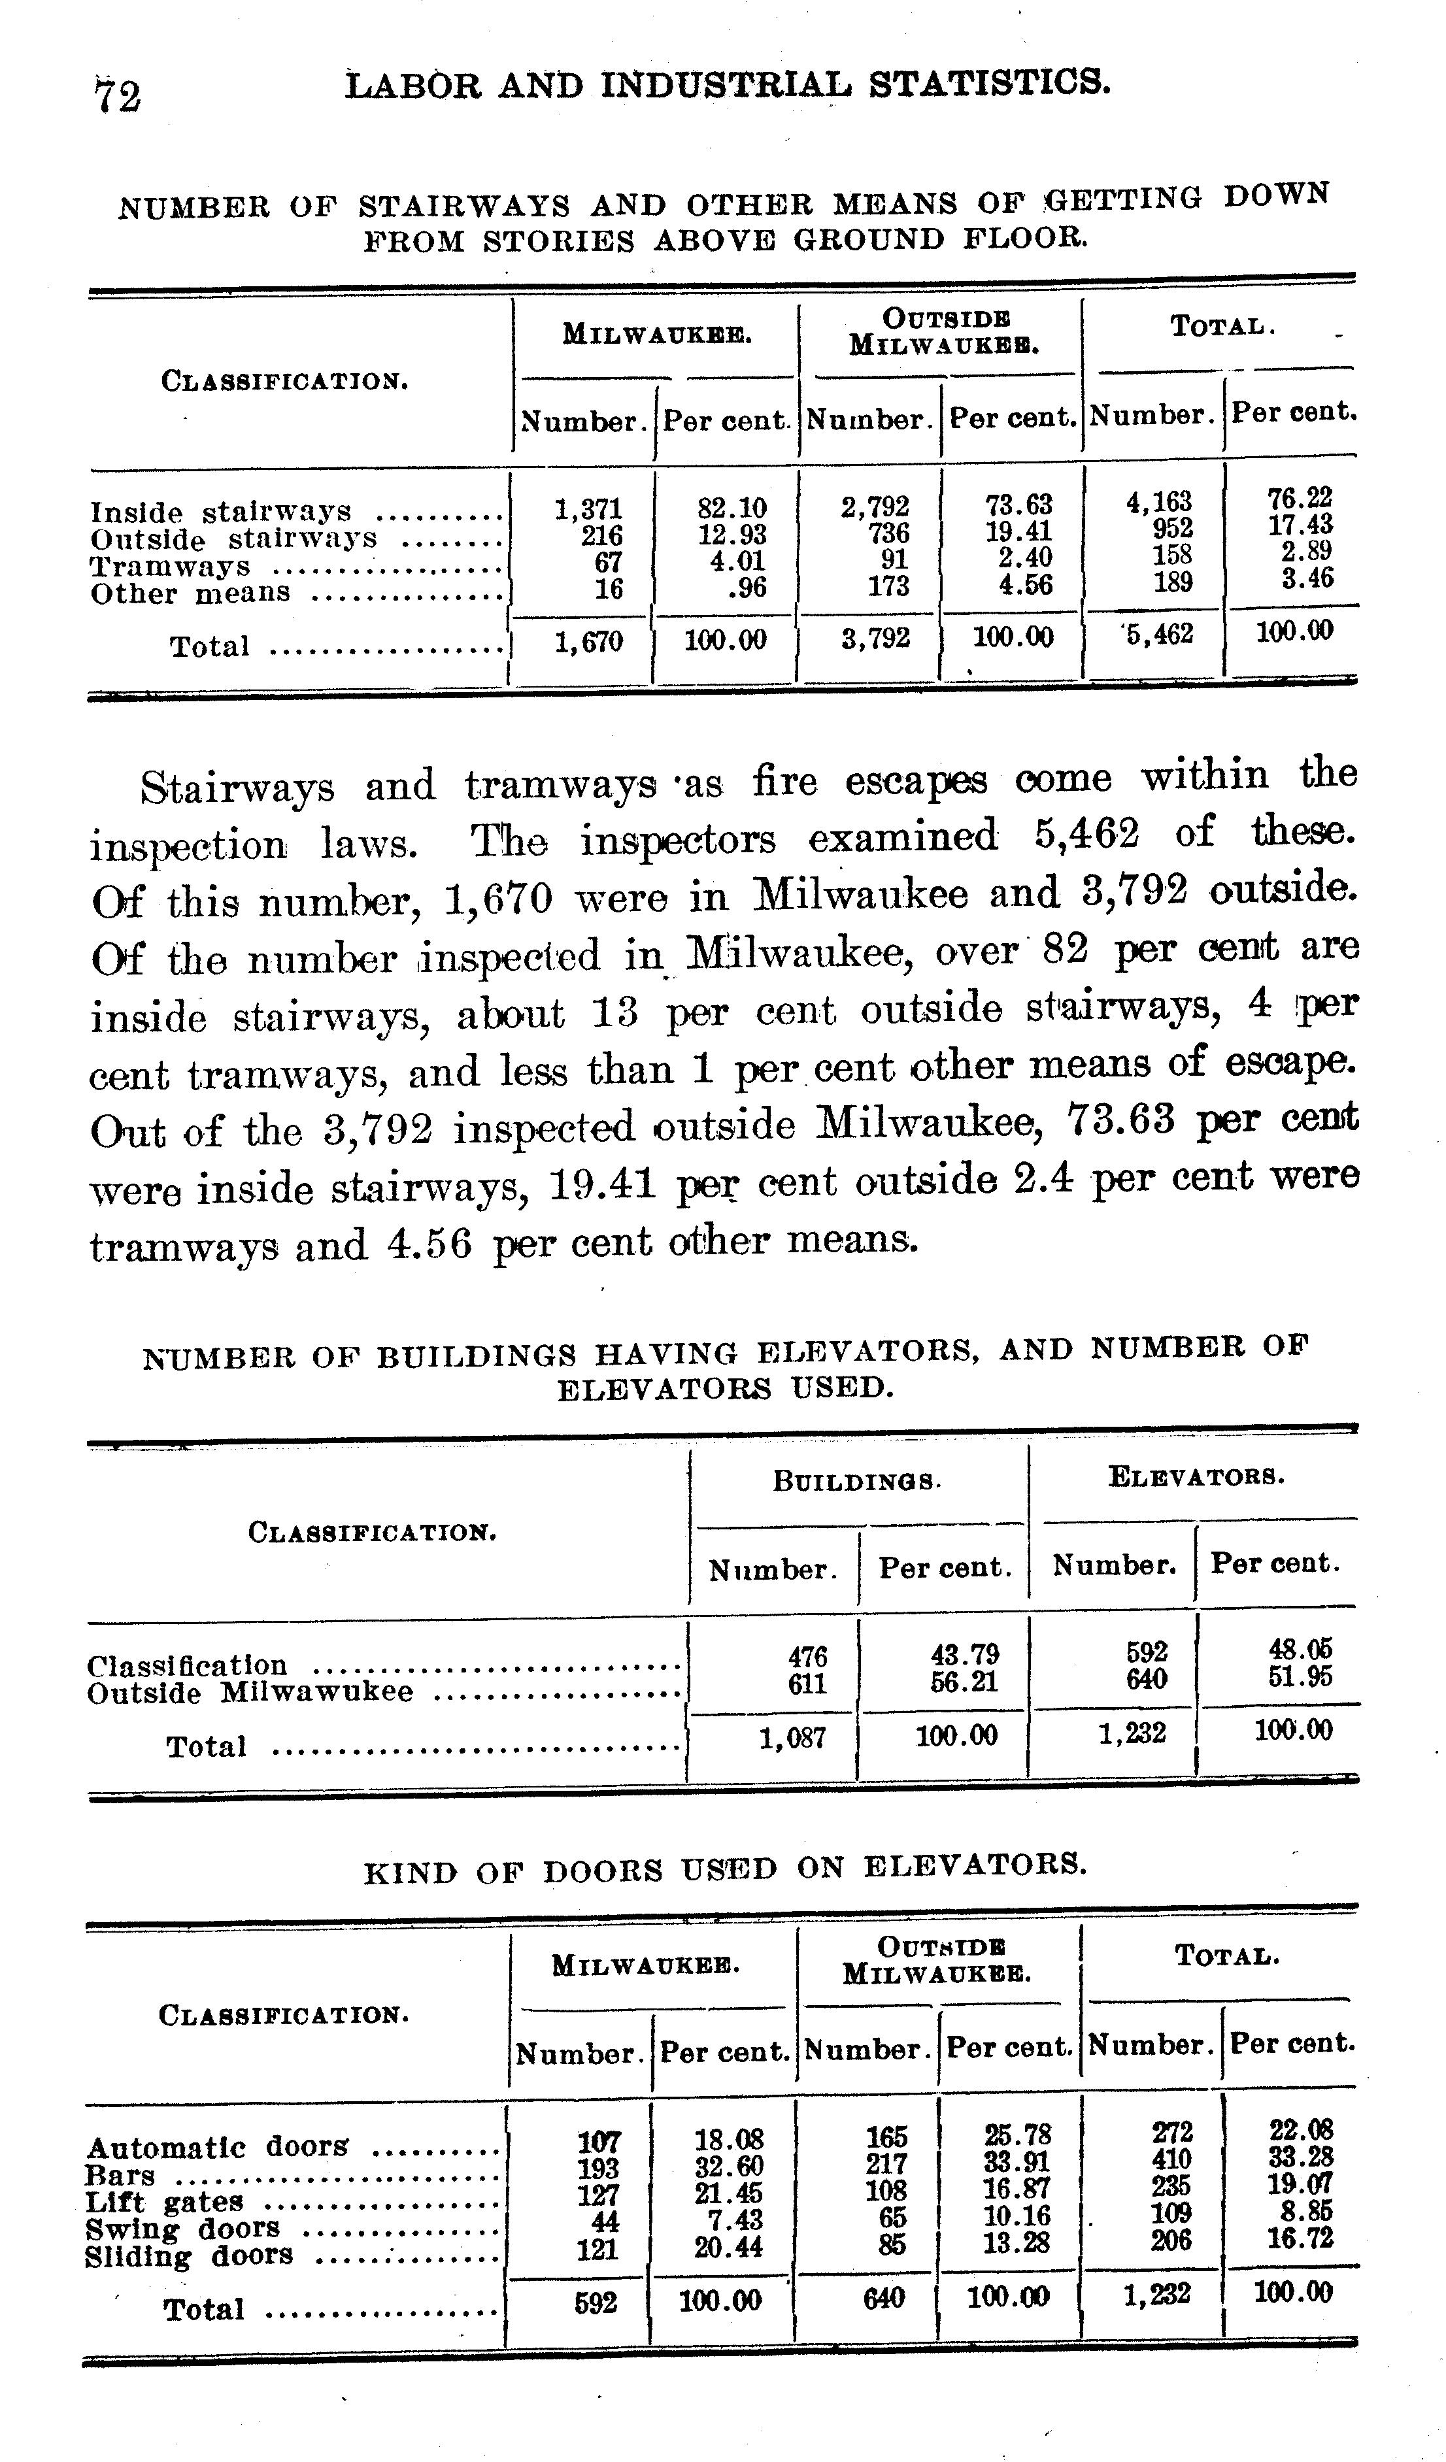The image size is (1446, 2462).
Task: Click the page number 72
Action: (x=117, y=95)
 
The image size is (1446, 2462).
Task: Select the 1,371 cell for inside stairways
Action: (x=588, y=509)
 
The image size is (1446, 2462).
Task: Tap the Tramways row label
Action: (x=170, y=567)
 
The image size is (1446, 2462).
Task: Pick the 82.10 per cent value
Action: (x=731, y=508)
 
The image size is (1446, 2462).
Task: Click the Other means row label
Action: (x=190, y=593)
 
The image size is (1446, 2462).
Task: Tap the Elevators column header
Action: (x=1196, y=1476)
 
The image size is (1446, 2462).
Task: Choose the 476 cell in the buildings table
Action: (x=807, y=1656)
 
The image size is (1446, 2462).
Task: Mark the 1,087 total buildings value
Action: (x=792, y=1737)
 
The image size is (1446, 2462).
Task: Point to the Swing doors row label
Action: (x=182, y=2229)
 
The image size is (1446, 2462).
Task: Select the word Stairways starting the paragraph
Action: (x=237, y=788)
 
